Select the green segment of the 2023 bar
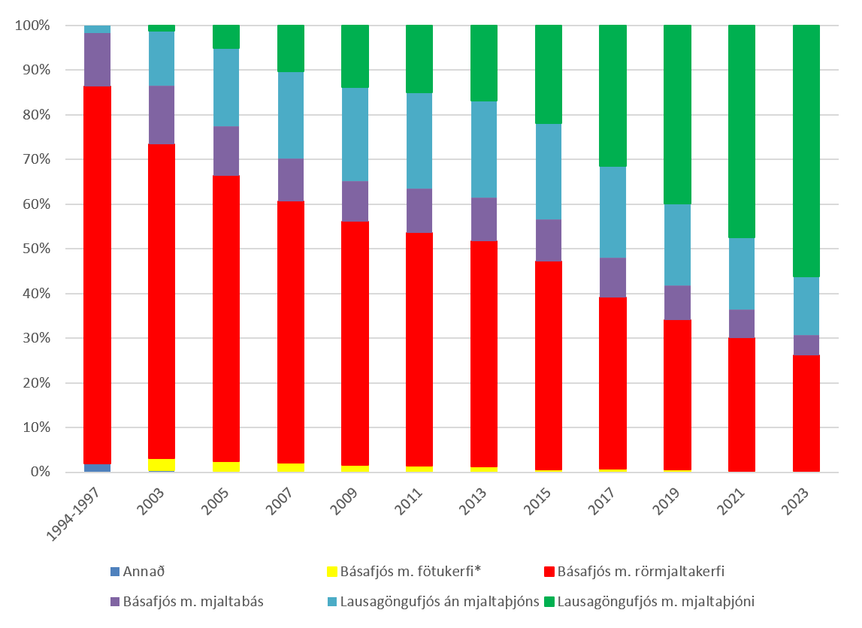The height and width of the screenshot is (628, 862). click(x=806, y=150)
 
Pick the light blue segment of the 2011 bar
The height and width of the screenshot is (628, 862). click(x=419, y=140)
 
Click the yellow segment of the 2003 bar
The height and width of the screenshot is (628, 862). click(x=162, y=464)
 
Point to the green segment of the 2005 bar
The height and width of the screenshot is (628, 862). click(x=226, y=37)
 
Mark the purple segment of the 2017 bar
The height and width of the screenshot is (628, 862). click(x=612, y=277)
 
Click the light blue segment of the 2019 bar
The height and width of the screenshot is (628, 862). click(x=677, y=245)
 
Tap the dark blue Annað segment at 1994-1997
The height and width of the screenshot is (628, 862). click(x=97, y=468)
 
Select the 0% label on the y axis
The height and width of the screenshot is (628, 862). click(x=39, y=473)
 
